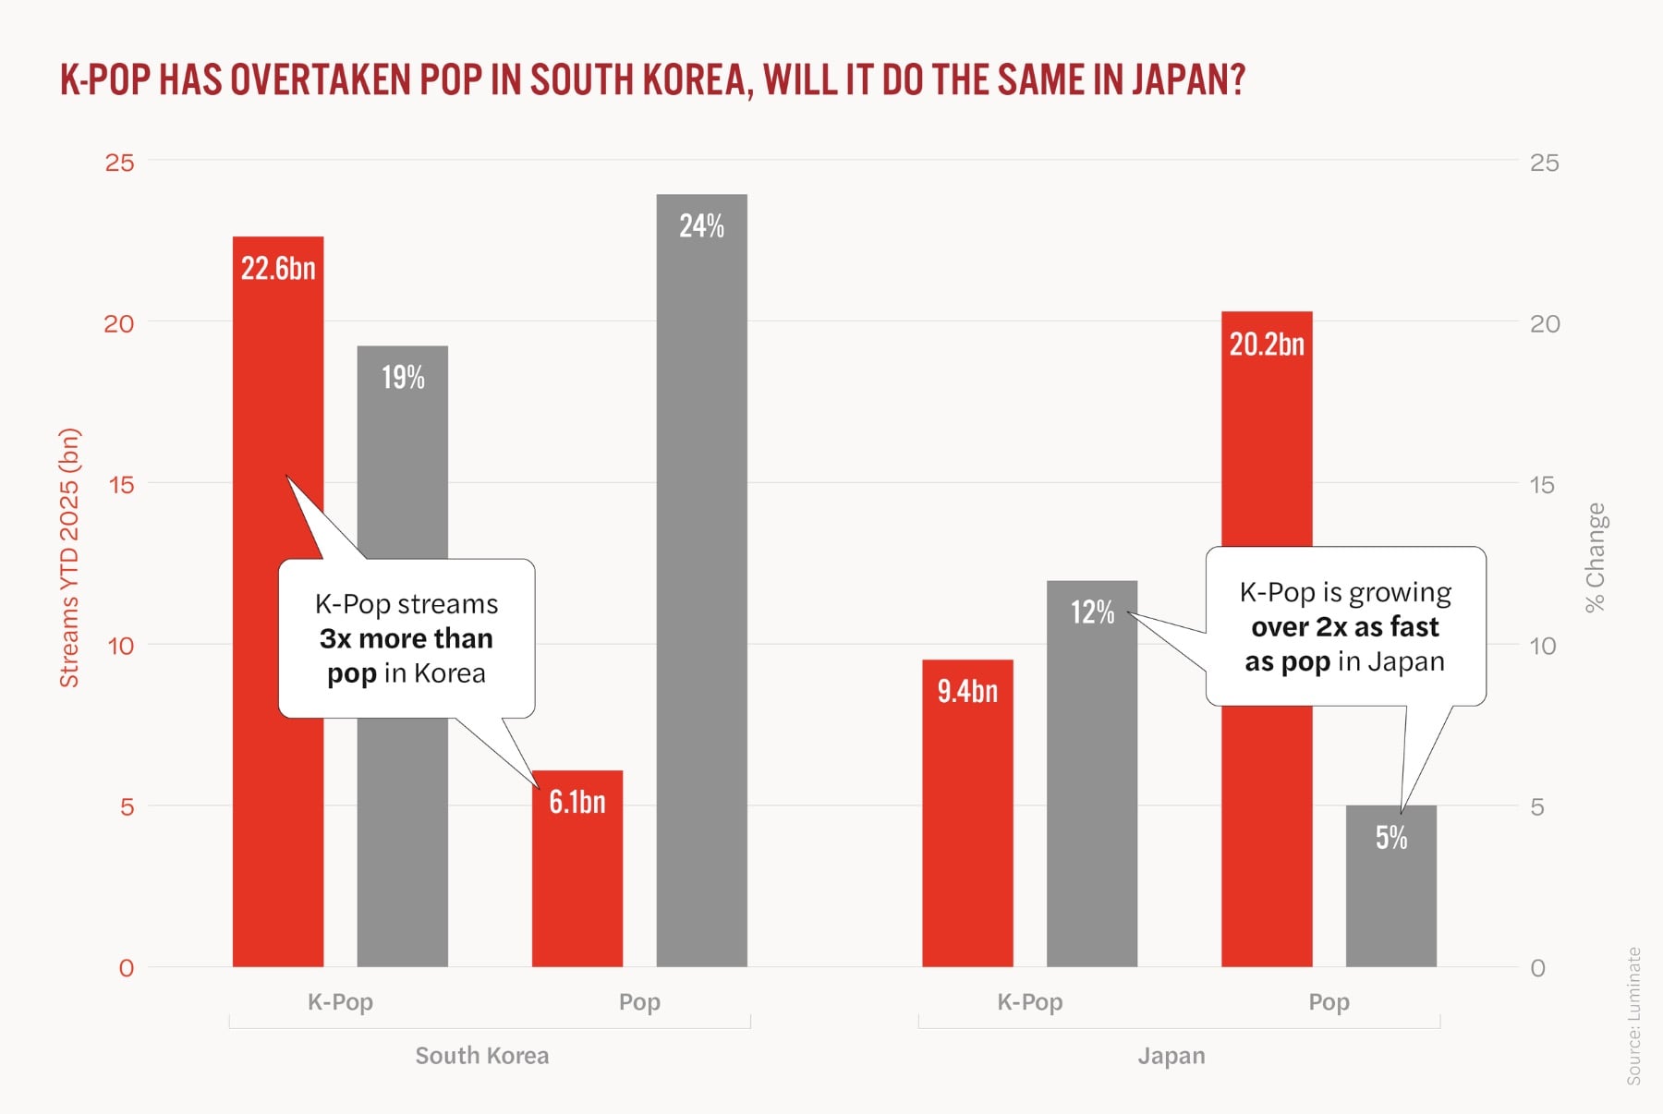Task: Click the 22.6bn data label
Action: point(278,269)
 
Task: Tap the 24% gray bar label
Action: point(701,226)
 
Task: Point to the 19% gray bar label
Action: point(403,378)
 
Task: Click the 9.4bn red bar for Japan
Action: point(967,831)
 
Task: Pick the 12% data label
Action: point(1092,612)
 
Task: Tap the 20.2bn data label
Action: point(1267,345)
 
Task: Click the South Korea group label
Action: point(481,1056)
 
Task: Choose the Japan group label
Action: point(1171,1056)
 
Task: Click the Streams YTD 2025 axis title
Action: point(70,558)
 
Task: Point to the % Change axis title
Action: point(1596,558)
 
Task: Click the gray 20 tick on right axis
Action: point(1545,323)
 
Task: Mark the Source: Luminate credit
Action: point(1633,1016)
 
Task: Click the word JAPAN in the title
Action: point(1189,80)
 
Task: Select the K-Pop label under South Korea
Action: point(340,1002)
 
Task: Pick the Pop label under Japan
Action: point(1329,1002)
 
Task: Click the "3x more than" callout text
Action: point(407,639)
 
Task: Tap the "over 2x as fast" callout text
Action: point(1345,627)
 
